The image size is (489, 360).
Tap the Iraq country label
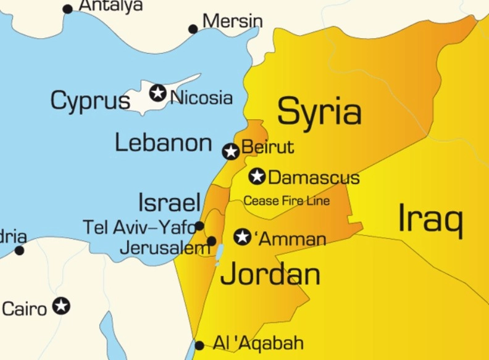(430, 219)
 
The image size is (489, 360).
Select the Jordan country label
(270, 274)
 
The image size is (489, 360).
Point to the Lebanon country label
(164, 143)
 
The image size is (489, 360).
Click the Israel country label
(169, 203)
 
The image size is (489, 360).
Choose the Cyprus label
(90, 101)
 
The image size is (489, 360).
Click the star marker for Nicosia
(158, 93)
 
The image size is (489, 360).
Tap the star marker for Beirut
(231, 151)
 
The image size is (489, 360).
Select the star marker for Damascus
(257, 177)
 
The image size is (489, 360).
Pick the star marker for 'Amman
(243, 237)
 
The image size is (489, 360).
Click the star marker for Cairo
(61, 306)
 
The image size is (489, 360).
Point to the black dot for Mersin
(193, 29)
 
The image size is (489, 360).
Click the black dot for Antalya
(68, 9)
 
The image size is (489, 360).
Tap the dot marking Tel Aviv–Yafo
(199, 226)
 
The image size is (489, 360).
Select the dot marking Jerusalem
(211, 241)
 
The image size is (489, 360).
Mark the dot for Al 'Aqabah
(199, 345)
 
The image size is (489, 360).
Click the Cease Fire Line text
(286, 201)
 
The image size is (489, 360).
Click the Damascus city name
(314, 178)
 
